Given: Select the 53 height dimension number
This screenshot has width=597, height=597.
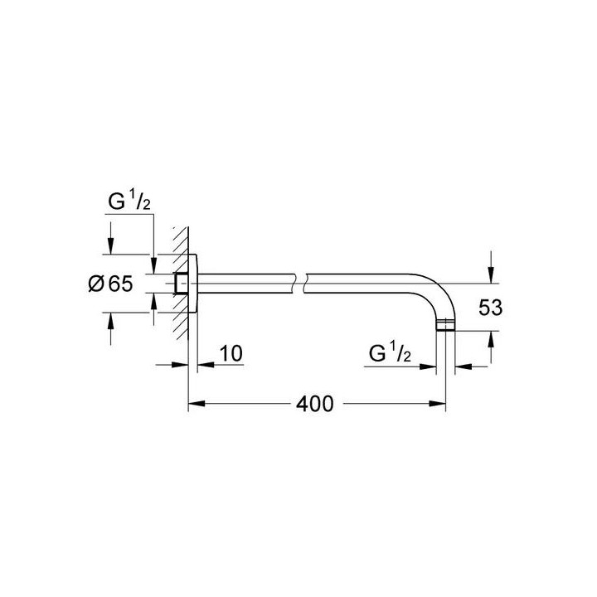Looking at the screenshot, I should [x=492, y=308].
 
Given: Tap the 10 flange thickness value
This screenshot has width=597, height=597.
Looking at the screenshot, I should [x=231, y=354].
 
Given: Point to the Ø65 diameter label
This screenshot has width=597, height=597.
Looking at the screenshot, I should [x=109, y=284].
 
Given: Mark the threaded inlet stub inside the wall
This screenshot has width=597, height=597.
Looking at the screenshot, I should [x=182, y=283].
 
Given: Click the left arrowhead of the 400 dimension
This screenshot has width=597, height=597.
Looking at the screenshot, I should [x=196, y=405].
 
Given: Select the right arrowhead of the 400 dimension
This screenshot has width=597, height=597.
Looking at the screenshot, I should [x=441, y=405].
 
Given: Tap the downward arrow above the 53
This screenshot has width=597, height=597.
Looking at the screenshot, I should [x=491, y=266].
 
